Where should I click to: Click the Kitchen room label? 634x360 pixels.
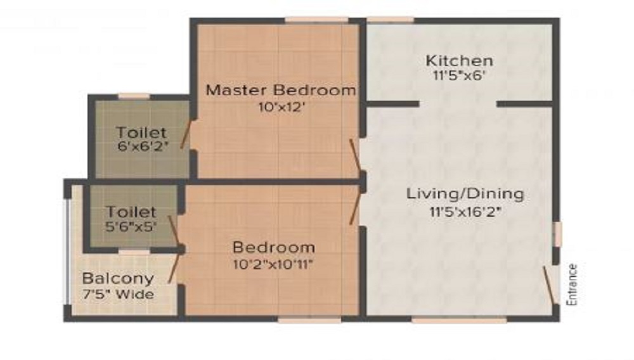pos(459,61)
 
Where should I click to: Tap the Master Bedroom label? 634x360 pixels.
pos(281,90)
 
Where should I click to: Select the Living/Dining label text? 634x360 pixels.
pos(465,193)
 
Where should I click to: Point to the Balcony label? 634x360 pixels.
pos(118,278)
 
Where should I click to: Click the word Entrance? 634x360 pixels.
pos(574,285)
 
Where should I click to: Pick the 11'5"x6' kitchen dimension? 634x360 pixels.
pos(459,75)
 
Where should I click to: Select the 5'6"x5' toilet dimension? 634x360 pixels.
pos(131,225)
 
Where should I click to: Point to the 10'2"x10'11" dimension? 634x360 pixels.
pos(273,263)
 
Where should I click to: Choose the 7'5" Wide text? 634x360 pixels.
pos(118,294)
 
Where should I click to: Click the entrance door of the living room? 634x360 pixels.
pos(549,285)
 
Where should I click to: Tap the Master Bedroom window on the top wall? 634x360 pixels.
pos(316,20)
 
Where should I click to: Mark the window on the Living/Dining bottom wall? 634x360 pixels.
pos(459,321)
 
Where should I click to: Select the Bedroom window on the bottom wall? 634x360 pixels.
pos(309,321)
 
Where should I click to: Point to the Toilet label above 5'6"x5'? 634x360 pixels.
pos(131,211)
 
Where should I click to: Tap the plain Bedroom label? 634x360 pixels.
pos(273,247)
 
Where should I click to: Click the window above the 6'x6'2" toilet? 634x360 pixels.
pos(134,96)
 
